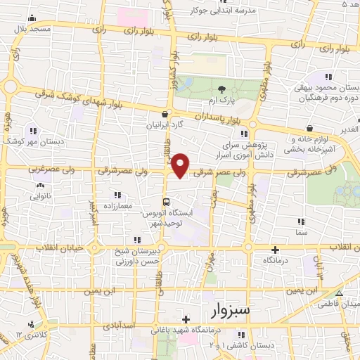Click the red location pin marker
point(181,165)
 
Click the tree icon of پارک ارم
point(222,89)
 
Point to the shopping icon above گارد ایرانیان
point(165,114)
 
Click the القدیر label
point(349,130)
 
